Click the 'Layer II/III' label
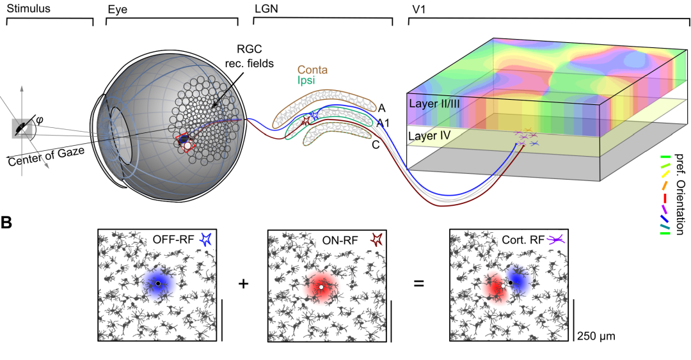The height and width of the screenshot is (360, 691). click(434, 103)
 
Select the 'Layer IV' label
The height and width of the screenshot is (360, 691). click(429, 136)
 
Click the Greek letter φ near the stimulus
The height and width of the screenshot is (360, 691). click(40, 118)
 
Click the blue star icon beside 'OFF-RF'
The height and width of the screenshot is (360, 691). click(205, 239)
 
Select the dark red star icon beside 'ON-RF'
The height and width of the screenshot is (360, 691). click(377, 239)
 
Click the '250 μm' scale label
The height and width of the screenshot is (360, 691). click(596, 335)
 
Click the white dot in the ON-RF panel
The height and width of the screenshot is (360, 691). click(321, 287)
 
